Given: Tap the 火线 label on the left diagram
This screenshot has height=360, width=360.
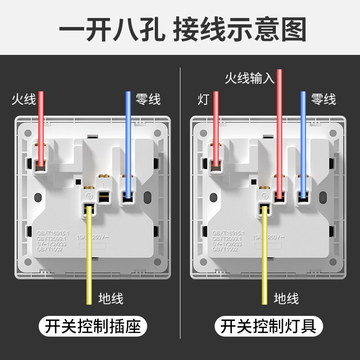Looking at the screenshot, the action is tap(23, 99).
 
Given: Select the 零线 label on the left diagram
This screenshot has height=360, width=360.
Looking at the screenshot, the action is tap(148, 99).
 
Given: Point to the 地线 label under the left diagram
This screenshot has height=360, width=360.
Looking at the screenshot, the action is tap(111, 297).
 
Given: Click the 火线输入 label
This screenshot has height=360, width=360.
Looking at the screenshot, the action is tap(249, 79).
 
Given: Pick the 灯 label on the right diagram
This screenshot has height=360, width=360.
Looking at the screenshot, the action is tap(203, 99).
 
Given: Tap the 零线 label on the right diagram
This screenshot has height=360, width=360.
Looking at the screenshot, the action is tap(324, 99).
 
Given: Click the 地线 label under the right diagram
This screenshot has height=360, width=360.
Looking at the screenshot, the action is tap(286, 297).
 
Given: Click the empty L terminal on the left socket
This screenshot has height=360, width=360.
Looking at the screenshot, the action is tap(104, 195).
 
